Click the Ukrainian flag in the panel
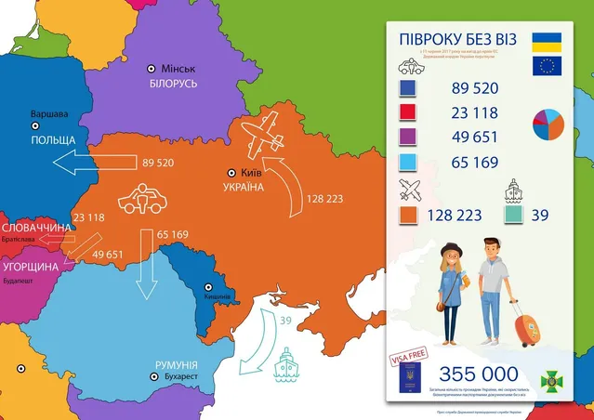pyautogui.click(x=545, y=40)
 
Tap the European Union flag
pyautogui.click(x=545, y=65)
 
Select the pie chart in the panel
pyautogui.click(x=548, y=124)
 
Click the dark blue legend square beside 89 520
pyautogui.click(x=407, y=89)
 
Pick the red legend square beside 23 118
pyautogui.click(x=407, y=113)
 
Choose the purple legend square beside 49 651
pyautogui.click(x=407, y=138)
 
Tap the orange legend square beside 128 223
pyautogui.click(x=407, y=215)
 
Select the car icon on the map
pyautogui.click(x=139, y=198)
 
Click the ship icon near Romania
pyautogui.click(x=284, y=363)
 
